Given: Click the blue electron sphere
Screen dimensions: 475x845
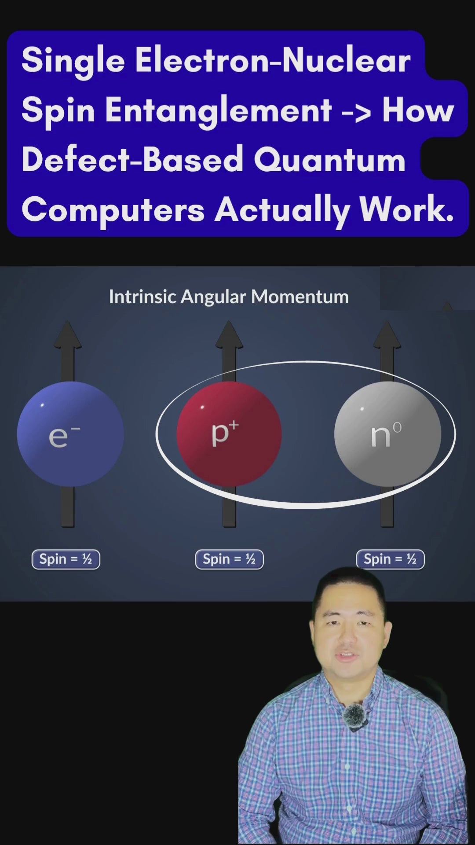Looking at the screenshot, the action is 70,434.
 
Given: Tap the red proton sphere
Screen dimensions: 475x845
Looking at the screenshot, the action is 229,434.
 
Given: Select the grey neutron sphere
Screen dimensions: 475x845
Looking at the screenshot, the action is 387,434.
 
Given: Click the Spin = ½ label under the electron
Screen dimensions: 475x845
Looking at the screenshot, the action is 66,559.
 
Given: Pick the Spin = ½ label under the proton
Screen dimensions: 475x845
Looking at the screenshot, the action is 229,559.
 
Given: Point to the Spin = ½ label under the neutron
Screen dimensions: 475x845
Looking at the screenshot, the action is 390,559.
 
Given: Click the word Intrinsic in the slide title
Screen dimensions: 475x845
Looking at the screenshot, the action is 142,297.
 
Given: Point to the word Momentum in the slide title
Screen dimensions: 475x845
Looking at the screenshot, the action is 300,297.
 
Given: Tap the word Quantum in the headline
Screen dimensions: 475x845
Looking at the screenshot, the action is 329,159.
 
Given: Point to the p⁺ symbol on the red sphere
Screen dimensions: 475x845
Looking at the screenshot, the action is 225,434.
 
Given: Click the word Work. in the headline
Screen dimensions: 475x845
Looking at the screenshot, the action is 406,209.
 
